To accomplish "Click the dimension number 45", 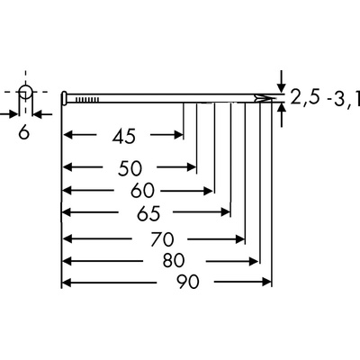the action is (x=124, y=136).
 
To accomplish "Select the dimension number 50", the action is (x=130, y=168).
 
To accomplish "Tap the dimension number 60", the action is (x=142, y=191).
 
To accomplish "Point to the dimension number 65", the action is (x=148, y=213).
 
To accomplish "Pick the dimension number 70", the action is (x=162, y=239).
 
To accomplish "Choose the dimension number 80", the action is (x=174, y=260).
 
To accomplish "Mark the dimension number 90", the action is (x=187, y=282).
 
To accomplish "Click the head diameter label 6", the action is (x=24, y=132).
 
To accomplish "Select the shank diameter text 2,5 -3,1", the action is (x=325, y=98).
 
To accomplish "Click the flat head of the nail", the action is (x=64, y=98).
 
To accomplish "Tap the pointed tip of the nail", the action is (x=275, y=98).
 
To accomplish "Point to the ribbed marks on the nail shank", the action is (x=87, y=99).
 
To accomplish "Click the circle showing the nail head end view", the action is (x=25, y=92).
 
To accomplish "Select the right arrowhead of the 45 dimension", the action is (x=178, y=135).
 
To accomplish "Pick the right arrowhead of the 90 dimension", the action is (x=266, y=282).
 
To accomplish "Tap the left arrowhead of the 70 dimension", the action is (x=67, y=239).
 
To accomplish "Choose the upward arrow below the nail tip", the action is (x=281, y=115).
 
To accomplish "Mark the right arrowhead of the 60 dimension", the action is (x=208, y=191).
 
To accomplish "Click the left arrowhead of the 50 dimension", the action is (x=67, y=166).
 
